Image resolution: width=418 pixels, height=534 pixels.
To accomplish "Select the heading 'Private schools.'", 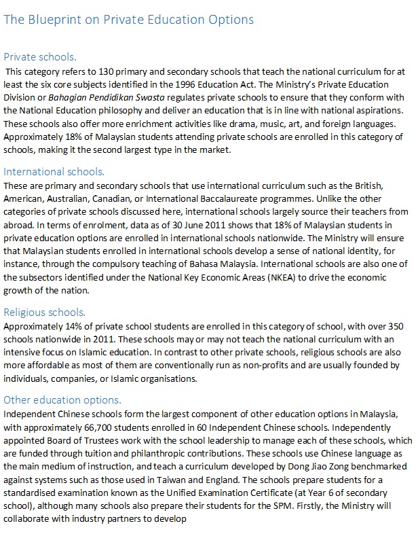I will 40,57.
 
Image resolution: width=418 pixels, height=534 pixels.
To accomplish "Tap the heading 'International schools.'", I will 54,173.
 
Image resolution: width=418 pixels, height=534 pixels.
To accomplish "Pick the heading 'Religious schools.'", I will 45,313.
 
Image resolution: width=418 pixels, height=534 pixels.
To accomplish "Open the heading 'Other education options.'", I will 62,399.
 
